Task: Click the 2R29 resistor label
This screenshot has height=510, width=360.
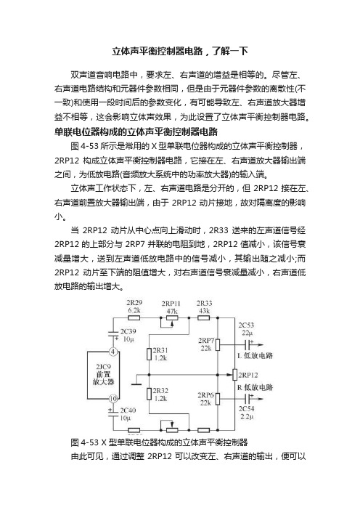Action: [134, 303]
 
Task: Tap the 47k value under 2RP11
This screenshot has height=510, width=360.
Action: [172, 311]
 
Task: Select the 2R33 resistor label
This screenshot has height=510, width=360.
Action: [204, 303]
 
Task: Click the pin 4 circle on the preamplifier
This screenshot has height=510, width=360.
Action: [112, 352]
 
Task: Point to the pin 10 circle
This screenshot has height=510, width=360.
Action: [112, 398]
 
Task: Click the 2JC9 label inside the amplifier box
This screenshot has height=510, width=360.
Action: [103, 367]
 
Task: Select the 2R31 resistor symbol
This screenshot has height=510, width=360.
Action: [149, 354]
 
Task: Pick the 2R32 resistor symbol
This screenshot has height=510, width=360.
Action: [149, 394]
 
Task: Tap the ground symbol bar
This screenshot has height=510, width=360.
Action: [137, 384]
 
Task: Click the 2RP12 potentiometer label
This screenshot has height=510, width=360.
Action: [248, 375]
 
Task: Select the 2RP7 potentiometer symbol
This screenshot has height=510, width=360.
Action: [218, 345]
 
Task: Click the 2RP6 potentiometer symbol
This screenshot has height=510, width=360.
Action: [218, 398]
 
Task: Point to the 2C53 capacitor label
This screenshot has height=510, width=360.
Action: [246, 325]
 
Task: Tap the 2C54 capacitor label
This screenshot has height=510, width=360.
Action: [246, 408]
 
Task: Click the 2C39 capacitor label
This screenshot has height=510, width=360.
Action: [128, 331]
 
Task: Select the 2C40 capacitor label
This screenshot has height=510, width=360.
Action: [128, 410]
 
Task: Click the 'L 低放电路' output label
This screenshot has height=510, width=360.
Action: [255, 355]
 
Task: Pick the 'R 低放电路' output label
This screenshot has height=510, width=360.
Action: [255, 387]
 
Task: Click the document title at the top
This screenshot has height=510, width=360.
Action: [180, 52]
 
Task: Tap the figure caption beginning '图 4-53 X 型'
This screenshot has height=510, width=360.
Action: [159, 442]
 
